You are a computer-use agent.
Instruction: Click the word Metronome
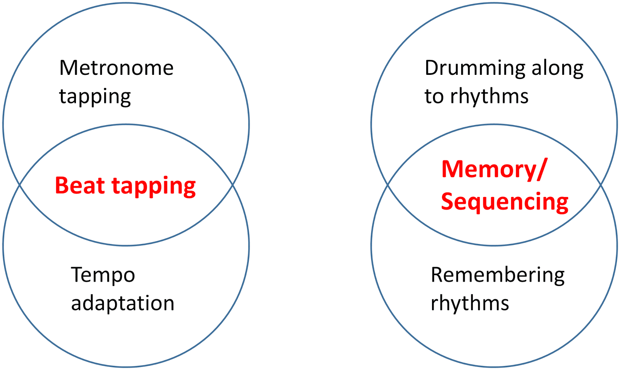click(x=116, y=68)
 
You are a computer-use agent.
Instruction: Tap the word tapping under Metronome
click(x=95, y=97)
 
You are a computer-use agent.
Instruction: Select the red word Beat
click(x=80, y=185)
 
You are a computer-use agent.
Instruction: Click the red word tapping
click(x=154, y=187)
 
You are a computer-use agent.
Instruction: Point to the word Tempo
click(x=103, y=275)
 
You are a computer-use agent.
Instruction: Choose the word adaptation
click(x=122, y=303)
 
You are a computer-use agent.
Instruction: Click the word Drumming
click(x=475, y=69)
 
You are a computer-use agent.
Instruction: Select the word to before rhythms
click(x=434, y=96)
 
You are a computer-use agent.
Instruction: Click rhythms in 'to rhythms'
click(x=489, y=96)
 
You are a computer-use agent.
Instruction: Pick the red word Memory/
click(x=494, y=169)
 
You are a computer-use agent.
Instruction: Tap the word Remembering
click(x=498, y=275)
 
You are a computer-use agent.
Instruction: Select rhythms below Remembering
click(x=470, y=303)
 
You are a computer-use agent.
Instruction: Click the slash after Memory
click(x=541, y=169)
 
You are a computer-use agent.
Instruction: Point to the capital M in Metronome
click(x=68, y=68)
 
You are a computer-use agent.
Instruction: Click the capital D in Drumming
click(x=432, y=68)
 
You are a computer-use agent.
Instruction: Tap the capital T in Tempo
click(x=77, y=275)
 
